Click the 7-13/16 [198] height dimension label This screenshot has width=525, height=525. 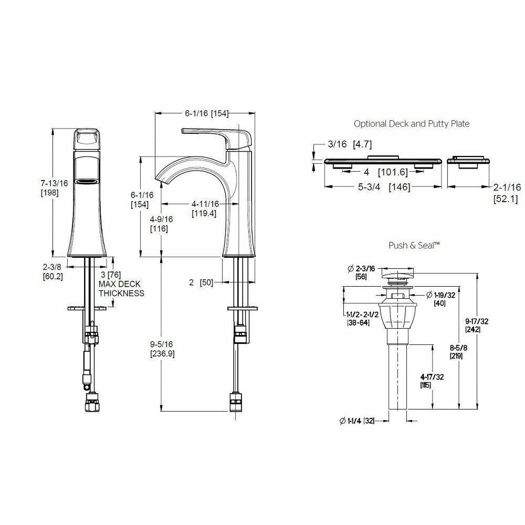[54, 188]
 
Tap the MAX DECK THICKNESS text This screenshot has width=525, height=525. [121, 289]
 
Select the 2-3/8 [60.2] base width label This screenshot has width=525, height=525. [52, 271]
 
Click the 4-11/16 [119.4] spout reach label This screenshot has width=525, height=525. [205, 208]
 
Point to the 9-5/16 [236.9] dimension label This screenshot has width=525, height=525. [162, 349]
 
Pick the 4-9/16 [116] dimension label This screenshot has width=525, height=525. [161, 224]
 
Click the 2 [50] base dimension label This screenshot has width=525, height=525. [201, 282]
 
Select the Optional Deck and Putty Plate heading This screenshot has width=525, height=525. [412, 124]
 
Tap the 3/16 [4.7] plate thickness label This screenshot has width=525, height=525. [350, 144]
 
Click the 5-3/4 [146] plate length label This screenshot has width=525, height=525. [384, 187]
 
